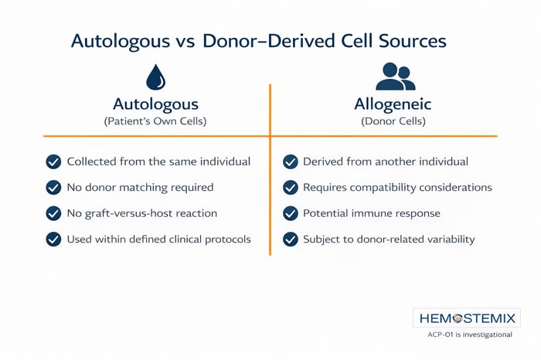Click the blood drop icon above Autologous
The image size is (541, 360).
click(x=155, y=78)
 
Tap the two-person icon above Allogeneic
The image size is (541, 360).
click(x=394, y=76)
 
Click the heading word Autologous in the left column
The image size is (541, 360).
click(x=155, y=104)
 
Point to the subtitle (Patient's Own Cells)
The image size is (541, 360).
click(x=155, y=121)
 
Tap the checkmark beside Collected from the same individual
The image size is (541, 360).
click(x=53, y=161)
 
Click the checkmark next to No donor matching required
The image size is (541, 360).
click(x=53, y=187)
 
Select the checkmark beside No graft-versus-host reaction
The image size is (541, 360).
click(x=53, y=212)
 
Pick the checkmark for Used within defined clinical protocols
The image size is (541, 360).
click(x=53, y=239)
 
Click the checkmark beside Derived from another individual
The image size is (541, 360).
click(x=291, y=161)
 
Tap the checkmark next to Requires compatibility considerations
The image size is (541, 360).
click(x=291, y=187)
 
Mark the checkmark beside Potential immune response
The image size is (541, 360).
click(x=291, y=212)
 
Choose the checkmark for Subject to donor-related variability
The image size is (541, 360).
click(x=291, y=239)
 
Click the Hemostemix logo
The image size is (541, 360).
click(x=466, y=318)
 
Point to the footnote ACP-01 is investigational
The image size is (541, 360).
click(x=469, y=335)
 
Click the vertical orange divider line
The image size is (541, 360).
click(x=270, y=193)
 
